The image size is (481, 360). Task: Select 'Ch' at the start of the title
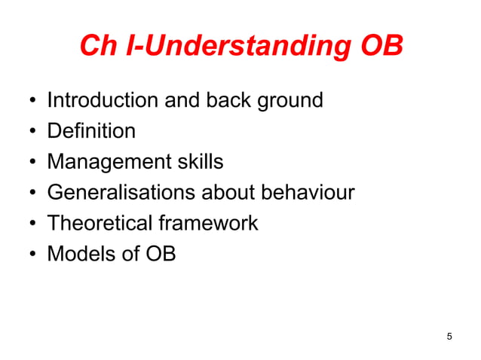pos(97,46)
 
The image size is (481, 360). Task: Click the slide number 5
pos(449,336)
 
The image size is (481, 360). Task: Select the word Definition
pos(91,131)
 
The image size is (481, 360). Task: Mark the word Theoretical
pos(99,223)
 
